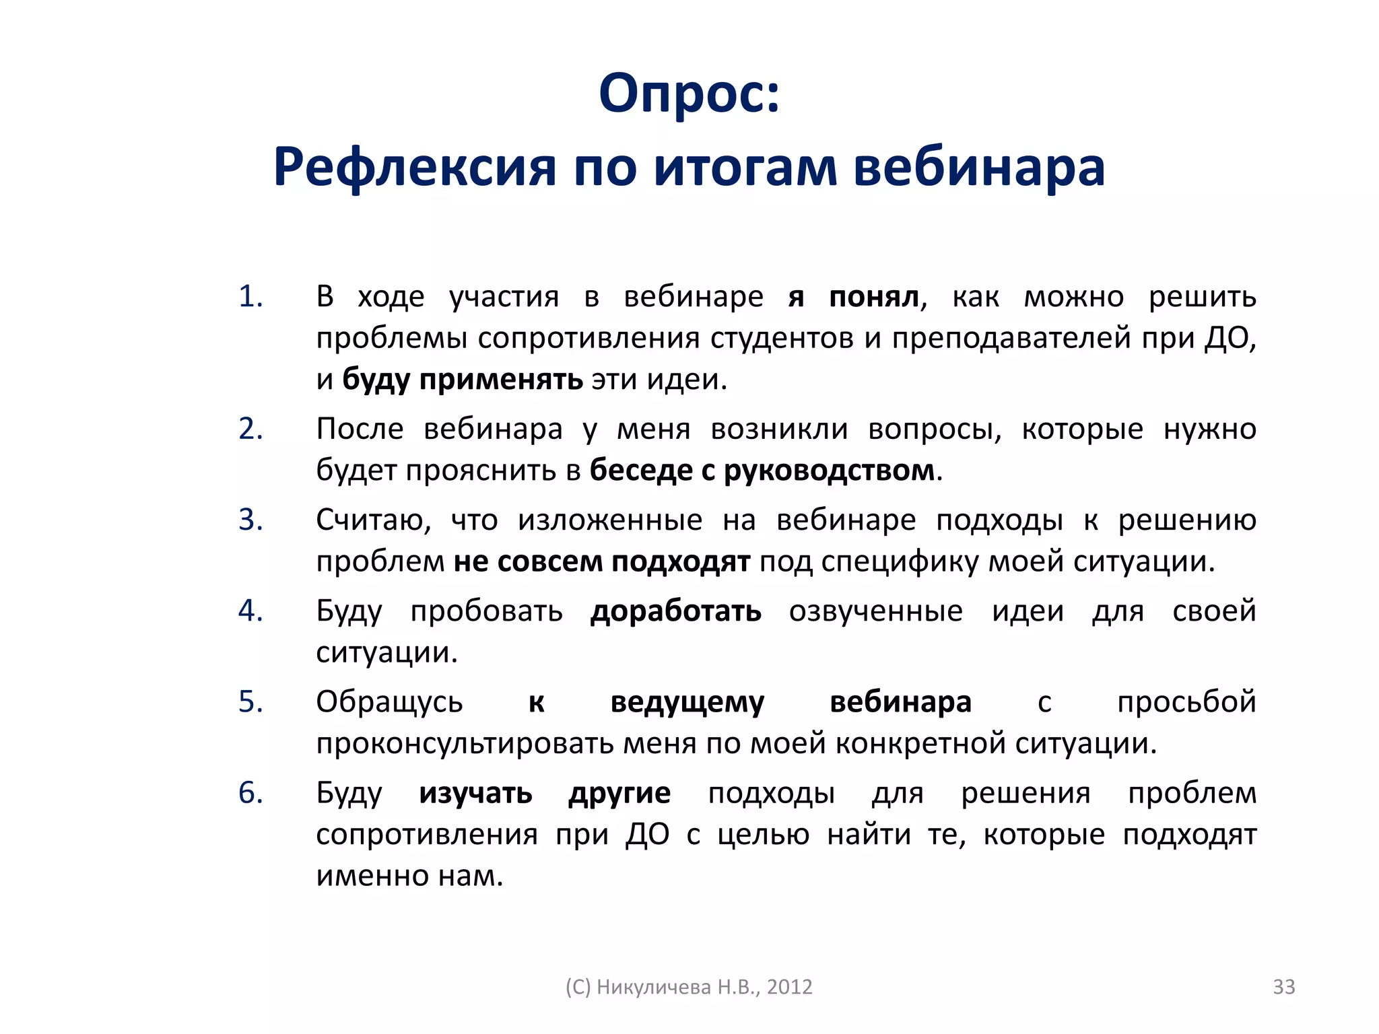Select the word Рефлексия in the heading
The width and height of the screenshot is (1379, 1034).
coord(415,167)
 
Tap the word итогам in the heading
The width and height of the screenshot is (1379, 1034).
coord(745,167)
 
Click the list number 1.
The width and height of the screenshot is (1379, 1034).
coord(250,297)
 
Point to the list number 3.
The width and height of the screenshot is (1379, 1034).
coord(250,520)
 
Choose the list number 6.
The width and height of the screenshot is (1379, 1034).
coord(250,793)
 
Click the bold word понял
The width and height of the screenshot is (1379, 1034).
coord(874,297)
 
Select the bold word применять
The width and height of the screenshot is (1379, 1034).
coord(501,380)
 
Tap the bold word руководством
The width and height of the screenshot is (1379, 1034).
coord(830,470)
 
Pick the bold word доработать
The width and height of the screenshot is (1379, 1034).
coord(676,611)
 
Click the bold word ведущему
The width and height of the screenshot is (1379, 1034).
coord(687,702)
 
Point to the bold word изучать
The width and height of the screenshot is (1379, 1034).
coord(475,793)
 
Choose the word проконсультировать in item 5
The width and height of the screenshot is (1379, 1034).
coord(465,743)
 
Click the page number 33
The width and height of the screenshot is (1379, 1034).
coord(1283,986)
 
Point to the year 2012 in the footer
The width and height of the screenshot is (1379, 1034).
coord(789,987)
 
